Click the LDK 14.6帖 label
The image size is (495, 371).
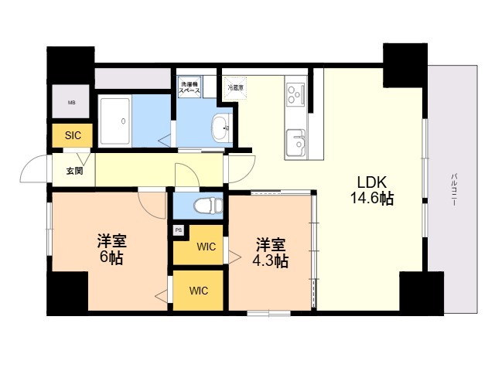[374, 190]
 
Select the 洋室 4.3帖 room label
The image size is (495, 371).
[271, 253]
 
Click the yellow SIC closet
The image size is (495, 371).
[73, 136]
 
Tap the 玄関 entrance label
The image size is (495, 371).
[73, 170]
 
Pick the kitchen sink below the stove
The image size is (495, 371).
[296, 142]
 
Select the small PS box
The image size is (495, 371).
[179, 230]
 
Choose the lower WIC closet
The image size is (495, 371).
[199, 291]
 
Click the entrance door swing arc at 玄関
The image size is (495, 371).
[35, 168]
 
